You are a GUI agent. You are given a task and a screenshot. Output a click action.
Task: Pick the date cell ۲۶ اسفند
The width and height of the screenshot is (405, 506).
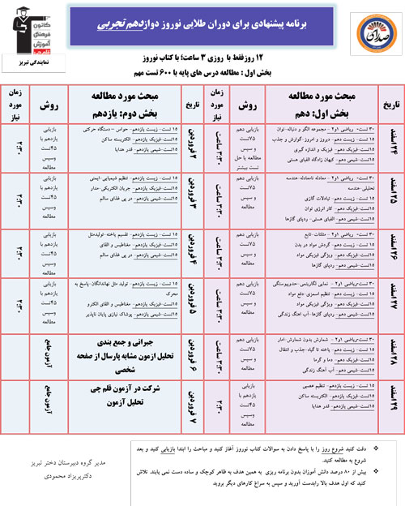point(387,253)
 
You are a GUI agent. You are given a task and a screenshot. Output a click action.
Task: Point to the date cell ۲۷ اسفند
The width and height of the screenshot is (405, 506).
point(387,302)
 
